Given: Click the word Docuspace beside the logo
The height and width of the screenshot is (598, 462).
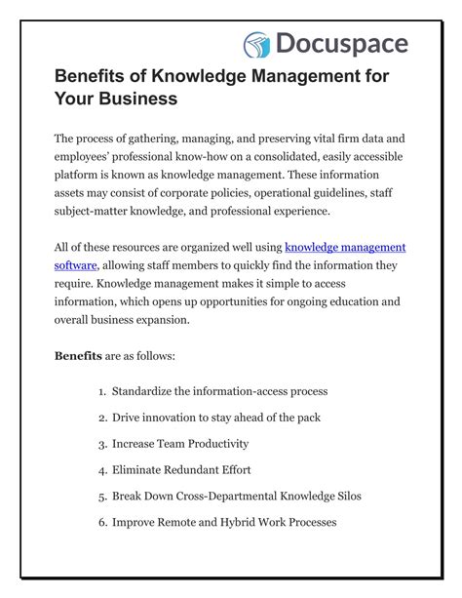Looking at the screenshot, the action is coord(340,44).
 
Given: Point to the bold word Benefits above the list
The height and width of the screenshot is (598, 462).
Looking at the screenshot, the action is coord(78,355).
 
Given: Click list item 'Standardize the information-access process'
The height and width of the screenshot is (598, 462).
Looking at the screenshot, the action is coord(219,391).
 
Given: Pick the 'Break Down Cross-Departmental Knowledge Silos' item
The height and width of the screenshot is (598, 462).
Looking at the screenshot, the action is coord(237,497).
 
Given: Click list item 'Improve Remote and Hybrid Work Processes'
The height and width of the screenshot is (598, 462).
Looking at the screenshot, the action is coord(224,523).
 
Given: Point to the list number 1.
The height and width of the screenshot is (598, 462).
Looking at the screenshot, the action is coord(101,391).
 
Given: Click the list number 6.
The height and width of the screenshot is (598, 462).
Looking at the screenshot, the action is coord(101,523).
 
